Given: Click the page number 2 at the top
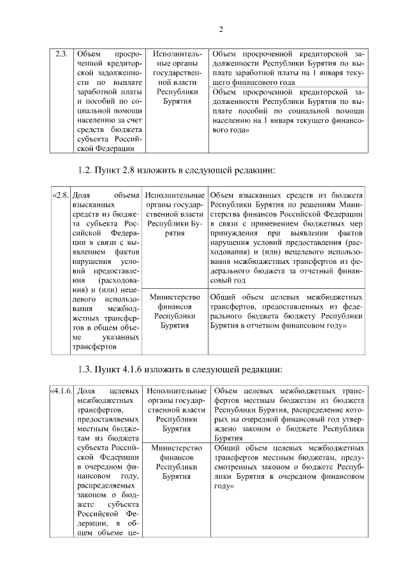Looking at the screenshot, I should click(220, 29).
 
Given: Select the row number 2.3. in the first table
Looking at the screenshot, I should click(61, 54).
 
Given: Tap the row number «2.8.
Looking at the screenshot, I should click(60, 194).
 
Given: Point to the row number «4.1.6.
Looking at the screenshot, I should click(61, 391).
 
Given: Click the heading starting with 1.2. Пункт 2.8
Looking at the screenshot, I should click(177, 170).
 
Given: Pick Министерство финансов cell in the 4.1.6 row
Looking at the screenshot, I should click(175, 462).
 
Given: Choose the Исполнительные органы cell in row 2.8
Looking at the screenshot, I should click(175, 214).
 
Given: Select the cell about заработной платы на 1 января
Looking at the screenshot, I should click(287, 68).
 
